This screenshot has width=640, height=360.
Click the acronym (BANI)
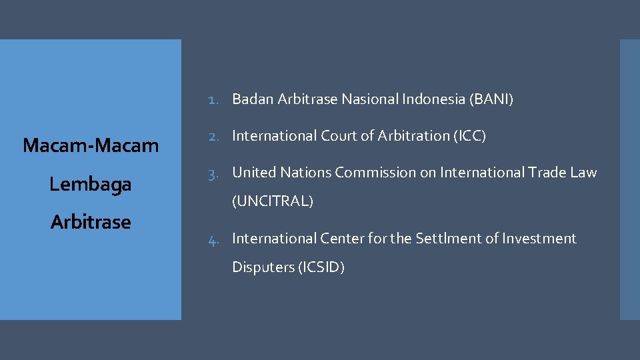point(491,100)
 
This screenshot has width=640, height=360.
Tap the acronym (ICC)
point(469,136)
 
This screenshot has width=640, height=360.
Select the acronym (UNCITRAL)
point(272,201)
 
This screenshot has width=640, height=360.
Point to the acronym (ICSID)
point(323,268)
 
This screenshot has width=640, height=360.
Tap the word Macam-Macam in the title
point(91,145)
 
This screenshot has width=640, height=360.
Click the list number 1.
point(213,100)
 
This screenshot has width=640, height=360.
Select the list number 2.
point(213,136)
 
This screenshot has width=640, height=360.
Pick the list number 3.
point(213,173)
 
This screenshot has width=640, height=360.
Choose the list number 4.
point(213,239)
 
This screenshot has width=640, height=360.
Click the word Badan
point(253,100)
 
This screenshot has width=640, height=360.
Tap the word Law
point(583,173)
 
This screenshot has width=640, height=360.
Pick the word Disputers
point(263,268)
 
